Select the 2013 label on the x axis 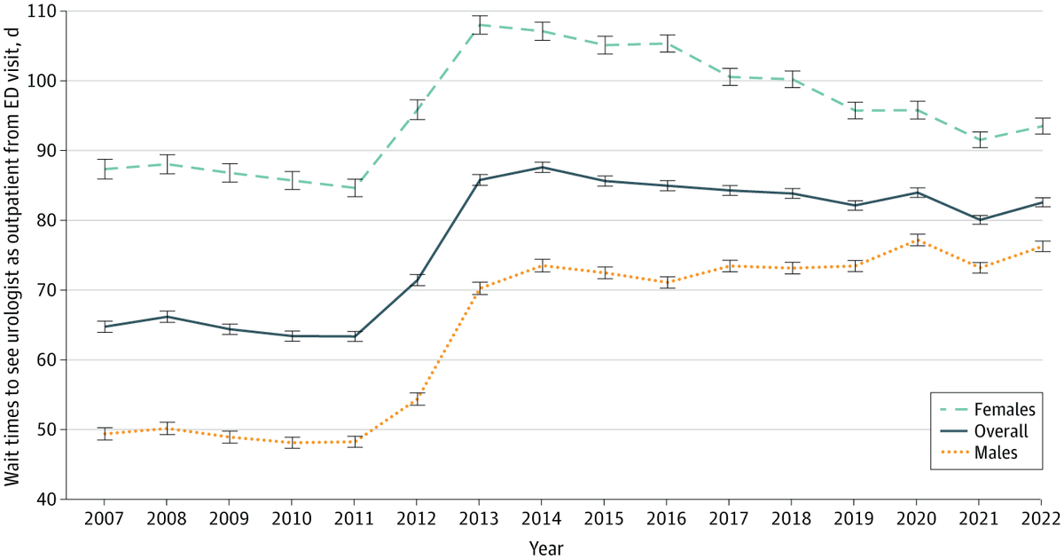(x=479, y=518)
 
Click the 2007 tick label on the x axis (x=105, y=518)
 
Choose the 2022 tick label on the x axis (x=1041, y=518)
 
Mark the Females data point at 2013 (x=479, y=25)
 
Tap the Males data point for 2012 (x=417, y=398)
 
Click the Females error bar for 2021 (x=978, y=139)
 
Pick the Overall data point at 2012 (x=417, y=279)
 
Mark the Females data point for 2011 (x=355, y=188)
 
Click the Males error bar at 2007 (x=105, y=434)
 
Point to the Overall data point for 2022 (x=1041, y=202)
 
